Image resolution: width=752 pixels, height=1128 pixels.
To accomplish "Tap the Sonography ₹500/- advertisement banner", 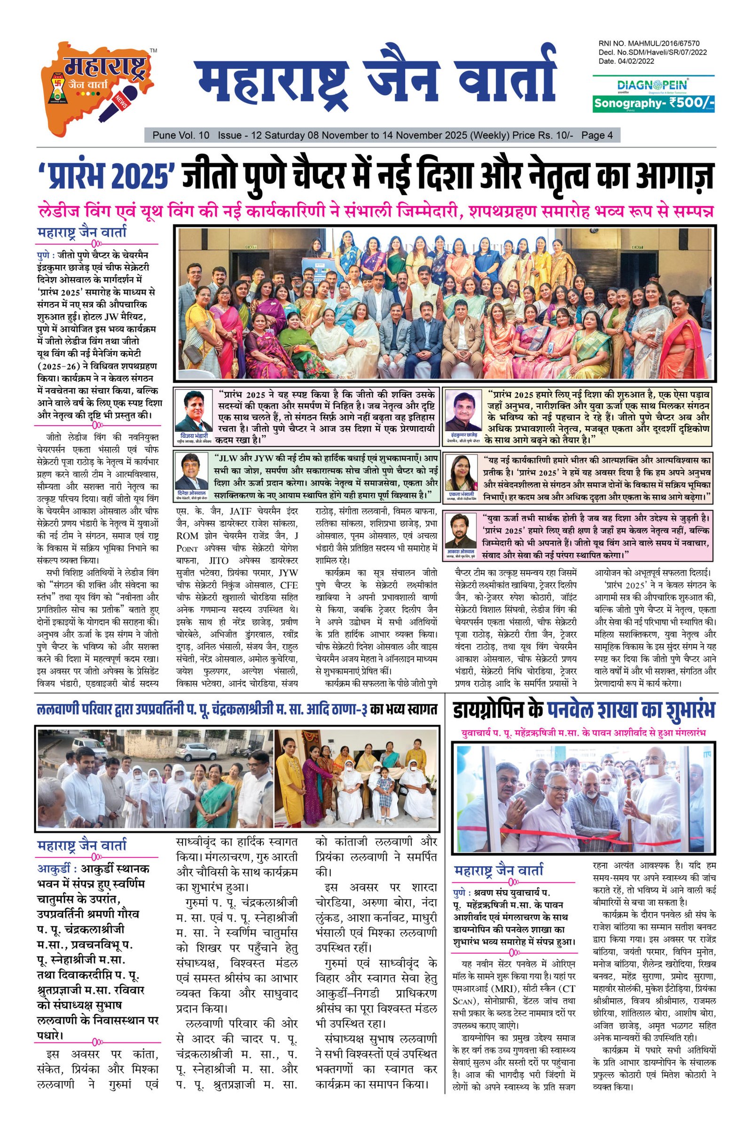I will point(653,102).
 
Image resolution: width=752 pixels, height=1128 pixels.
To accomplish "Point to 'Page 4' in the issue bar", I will point(596,136).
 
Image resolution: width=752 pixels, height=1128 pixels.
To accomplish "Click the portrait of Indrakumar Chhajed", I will point(463,410).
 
